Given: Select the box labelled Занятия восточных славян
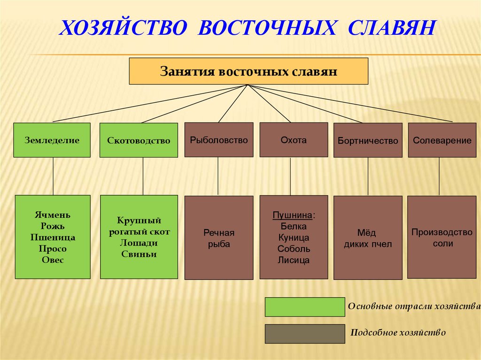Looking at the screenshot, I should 248,71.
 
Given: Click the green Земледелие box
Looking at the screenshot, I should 52,140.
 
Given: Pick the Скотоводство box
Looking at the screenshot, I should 139,140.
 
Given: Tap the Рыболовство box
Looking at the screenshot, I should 219,139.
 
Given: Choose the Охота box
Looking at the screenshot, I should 294,139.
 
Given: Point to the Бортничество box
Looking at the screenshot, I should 368,140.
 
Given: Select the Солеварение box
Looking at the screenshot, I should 442,140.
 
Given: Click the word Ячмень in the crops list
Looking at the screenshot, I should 52,215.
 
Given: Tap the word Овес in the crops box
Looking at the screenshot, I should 52,260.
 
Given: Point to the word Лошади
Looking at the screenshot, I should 139,243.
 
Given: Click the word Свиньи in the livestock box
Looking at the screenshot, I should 139,254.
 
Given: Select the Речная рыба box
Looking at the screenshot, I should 219,238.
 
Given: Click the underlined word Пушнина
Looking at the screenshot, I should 293,215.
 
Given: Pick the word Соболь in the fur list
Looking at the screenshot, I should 294,249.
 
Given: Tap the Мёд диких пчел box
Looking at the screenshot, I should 368,238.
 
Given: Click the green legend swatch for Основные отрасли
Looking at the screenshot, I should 304,307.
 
